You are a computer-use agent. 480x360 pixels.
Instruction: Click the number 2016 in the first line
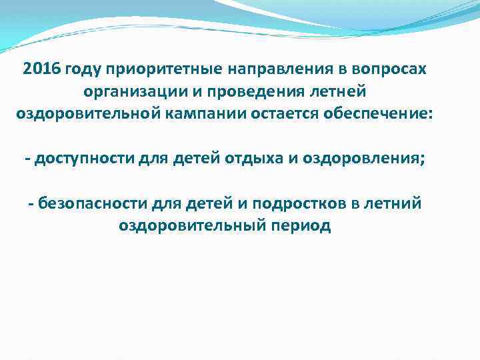(x=41, y=70)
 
